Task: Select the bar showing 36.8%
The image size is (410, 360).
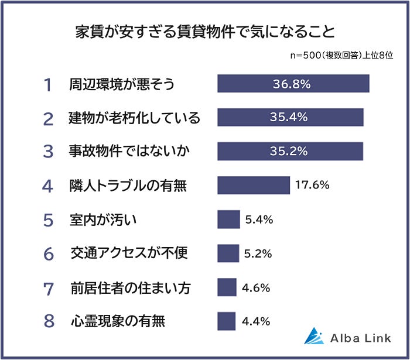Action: point(293,84)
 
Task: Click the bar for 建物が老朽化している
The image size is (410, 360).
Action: point(291,117)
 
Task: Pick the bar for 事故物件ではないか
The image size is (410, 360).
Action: point(290,151)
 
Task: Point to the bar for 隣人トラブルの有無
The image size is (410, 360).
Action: point(254,185)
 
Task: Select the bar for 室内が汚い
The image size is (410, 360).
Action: point(228,220)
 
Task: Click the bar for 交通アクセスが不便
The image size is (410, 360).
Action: point(228,253)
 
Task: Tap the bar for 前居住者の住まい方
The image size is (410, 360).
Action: point(227,287)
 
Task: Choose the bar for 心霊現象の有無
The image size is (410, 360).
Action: point(226,321)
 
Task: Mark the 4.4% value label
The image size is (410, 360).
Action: point(255,321)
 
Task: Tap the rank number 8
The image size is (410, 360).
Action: point(49,321)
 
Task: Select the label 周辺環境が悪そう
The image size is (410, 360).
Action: point(122,84)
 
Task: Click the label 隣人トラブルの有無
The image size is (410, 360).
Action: point(128,186)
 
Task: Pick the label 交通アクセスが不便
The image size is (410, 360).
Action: point(129,253)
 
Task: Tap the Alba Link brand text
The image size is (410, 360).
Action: point(358,337)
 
